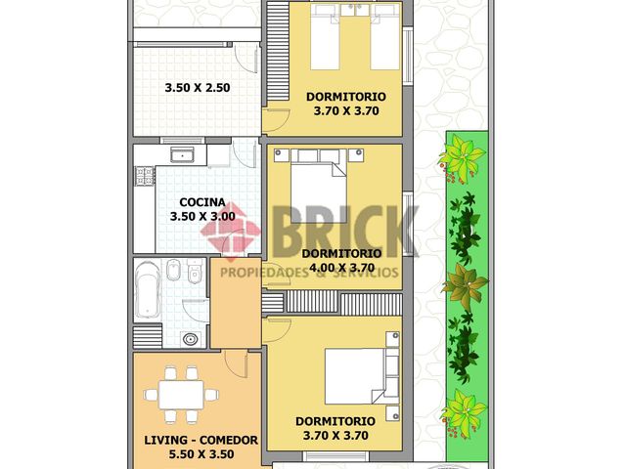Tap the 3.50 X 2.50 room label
(197, 87)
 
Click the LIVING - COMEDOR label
(200, 441)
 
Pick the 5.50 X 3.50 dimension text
(200, 454)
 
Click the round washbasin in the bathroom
(189, 339)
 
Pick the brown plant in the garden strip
(465, 286)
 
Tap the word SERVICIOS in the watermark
(367, 273)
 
